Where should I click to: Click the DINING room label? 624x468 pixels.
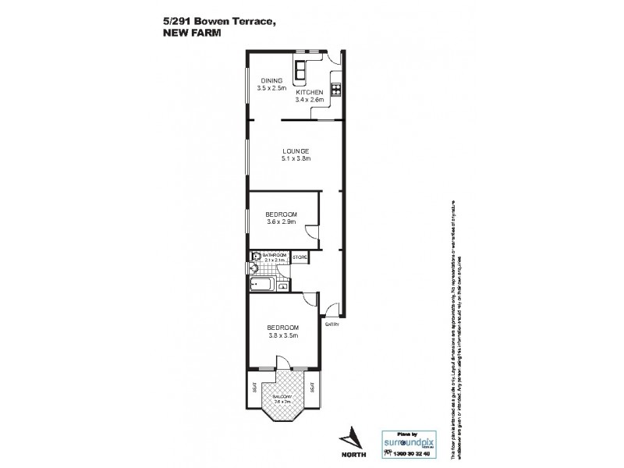coord(271,80)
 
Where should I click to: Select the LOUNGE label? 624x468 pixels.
coord(296,151)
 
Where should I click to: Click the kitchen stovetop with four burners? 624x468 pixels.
coord(337,88)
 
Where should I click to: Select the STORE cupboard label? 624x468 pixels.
coord(300,257)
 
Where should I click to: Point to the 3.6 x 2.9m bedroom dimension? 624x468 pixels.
coord(281,222)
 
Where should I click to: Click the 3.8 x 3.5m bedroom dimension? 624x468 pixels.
coord(282,335)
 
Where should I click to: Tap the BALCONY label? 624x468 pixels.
coord(282,397)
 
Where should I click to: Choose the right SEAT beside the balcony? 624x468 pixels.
coord(311,388)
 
